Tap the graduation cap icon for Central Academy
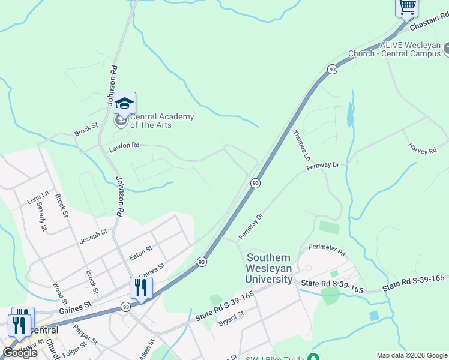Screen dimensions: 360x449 pyautogui.click(x=124, y=104)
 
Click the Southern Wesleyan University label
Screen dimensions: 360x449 pyautogui.click(x=269, y=268)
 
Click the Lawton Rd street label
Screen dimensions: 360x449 pyautogui.click(x=124, y=145)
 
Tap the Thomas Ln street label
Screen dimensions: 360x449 pyautogui.click(x=302, y=145)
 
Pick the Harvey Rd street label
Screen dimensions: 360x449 pyautogui.click(x=422, y=148)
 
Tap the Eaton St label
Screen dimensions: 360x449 pyautogui.click(x=141, y=253)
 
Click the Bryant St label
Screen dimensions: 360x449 pyautogui.click(x=231, y=318)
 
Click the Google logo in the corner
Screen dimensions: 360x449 pyautogui.click(x=19, y=353)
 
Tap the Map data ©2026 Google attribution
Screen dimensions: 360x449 pyautogui.click(x=412, y=355)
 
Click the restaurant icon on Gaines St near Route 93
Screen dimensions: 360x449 pyautogui.click(x=141, y=288)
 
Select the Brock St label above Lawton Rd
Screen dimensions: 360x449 pyautogui.click(x=86, y=128)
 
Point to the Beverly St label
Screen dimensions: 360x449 pyautogui.click(x=41, y=217)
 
